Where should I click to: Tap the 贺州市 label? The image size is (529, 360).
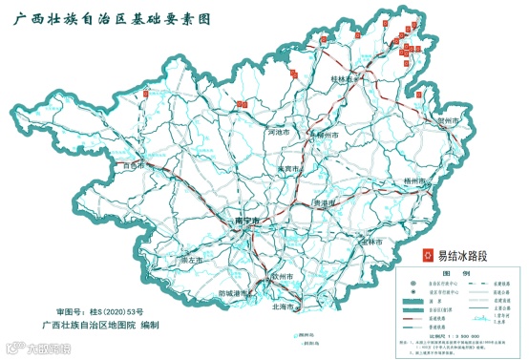(450, 121)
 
